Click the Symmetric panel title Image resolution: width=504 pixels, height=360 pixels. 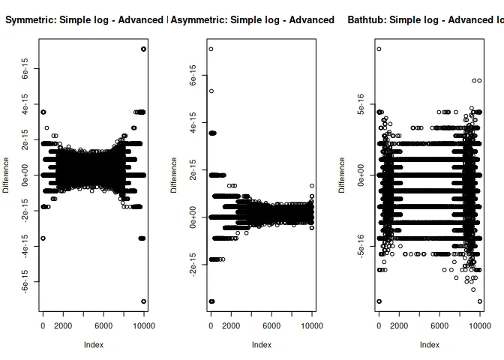tap(84, 19)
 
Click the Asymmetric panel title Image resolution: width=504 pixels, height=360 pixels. tap(252, 19)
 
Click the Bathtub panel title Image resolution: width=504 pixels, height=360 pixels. tap(424, 19)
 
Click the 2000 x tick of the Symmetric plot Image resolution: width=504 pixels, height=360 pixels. tap(63, 325)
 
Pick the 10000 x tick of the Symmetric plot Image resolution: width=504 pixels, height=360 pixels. tap(144, 325)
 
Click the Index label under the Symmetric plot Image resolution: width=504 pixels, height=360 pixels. tap(93, 345)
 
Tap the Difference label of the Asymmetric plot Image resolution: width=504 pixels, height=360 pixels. tap(175, 175)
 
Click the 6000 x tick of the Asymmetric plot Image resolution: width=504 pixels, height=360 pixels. tap(271, 325)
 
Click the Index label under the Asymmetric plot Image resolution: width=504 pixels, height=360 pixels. tap(261, 345)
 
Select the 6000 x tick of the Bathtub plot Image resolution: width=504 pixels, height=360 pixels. tap(439, 325)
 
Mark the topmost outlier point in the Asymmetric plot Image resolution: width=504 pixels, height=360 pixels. tap(211, 49)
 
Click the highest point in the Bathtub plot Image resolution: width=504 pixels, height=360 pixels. tap(379, 49)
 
